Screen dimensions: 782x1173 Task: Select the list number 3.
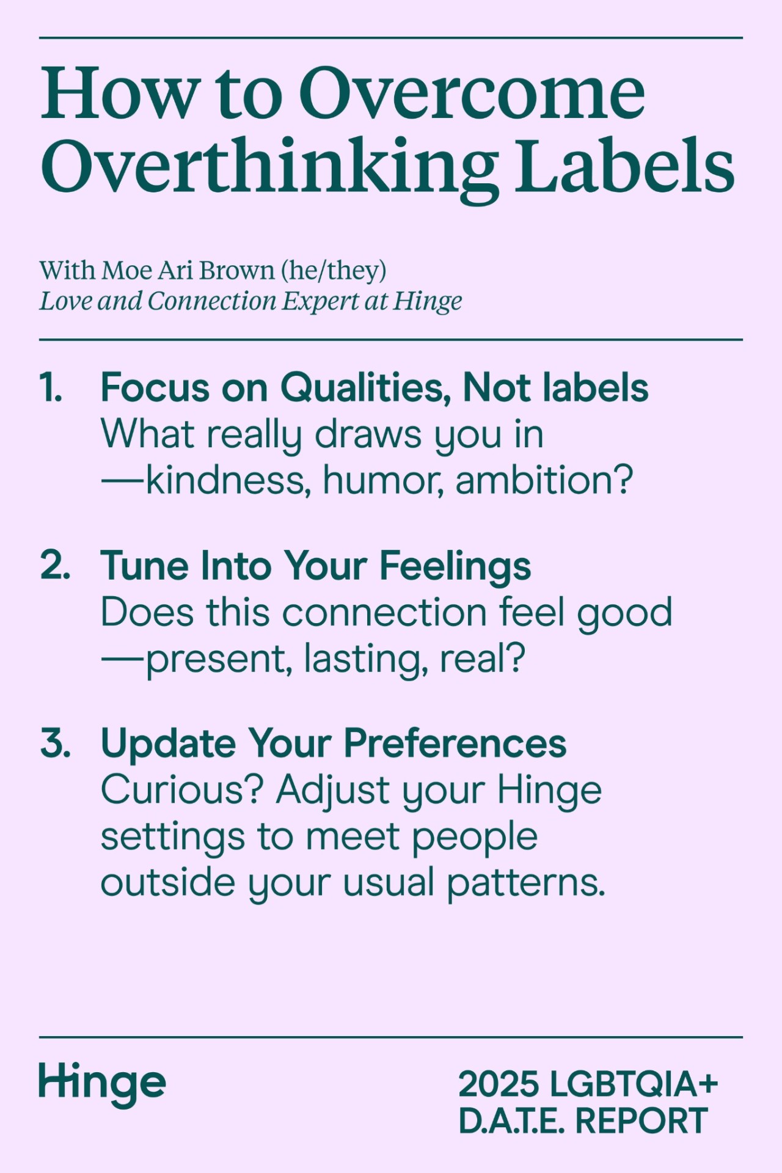coord(55,743)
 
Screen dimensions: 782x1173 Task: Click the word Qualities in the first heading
coord(365,389)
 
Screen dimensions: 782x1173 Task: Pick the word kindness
coord(225,480)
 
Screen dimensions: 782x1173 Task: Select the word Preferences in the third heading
coord(455,744)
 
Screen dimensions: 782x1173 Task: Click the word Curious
coord(182,790)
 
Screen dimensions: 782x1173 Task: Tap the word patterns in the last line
coord(526,883)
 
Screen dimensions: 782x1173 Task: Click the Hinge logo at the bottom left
coord(103,1084)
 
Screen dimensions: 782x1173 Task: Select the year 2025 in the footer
coord(499,1084)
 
